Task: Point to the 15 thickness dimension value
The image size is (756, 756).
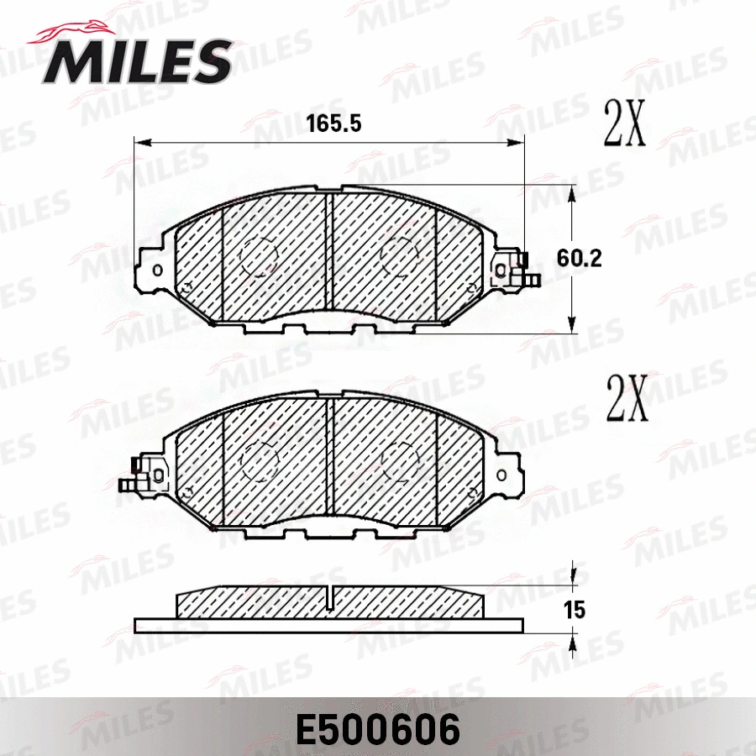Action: pos(575,611)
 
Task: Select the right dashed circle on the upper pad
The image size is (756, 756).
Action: pos(400,257)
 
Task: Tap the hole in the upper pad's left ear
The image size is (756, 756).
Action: pos(156,270)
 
